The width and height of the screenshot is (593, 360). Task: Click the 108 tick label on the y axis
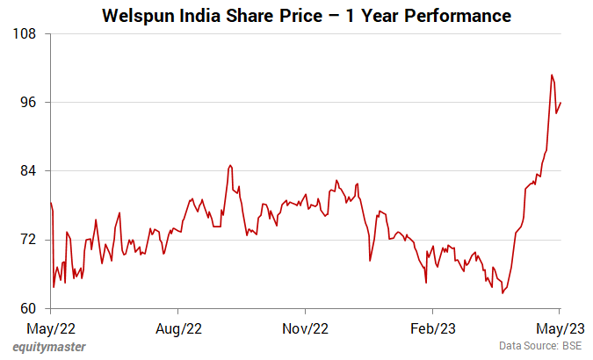coord(24,33)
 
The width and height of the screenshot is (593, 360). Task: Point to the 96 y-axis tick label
coord(27,102)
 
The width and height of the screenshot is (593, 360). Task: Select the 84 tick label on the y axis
coord(27,170)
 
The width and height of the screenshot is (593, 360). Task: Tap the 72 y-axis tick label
coord(27,240)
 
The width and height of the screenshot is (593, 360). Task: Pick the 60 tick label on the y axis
coord(27,308)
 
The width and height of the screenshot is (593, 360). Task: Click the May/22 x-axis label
coord(51,328)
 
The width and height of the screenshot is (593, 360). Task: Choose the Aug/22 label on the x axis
coord(178,328)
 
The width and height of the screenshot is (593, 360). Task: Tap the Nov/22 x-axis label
coord(306,328)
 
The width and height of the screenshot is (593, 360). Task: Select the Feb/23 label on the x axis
coord(433,328)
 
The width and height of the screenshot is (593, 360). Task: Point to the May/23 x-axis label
coord(560,328)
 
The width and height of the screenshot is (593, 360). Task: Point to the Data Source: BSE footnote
coord(540,347)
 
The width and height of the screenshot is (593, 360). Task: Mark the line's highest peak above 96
coord(552,75)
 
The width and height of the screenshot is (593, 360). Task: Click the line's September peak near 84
coord(229,165)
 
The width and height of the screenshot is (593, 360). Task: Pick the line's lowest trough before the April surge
coord(503,292)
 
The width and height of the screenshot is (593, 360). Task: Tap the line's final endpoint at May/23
coord(560,103)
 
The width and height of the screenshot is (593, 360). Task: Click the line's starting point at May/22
coord(51,204)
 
